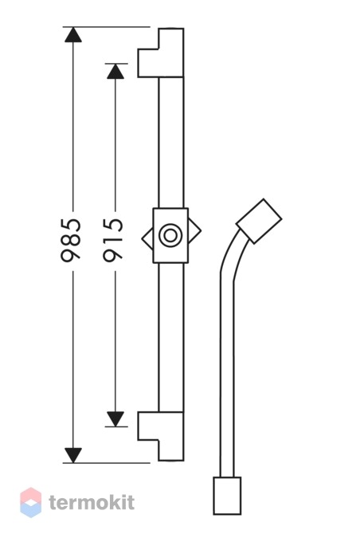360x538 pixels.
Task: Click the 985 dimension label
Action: click(71, 240)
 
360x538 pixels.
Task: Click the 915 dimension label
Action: click(113, 240)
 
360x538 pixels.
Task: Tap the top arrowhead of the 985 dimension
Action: click(73, 34)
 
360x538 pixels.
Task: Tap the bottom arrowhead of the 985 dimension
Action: click(73, 455)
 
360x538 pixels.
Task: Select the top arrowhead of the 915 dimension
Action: click(115, 72)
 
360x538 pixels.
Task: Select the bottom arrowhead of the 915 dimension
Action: click(115, 419)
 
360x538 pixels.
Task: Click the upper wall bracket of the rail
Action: click(161, 53)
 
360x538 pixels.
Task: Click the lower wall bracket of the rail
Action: click(161, 436)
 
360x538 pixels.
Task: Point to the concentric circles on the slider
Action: click(170, 235)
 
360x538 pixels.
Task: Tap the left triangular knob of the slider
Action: click(147, 238)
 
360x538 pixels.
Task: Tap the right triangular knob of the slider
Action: click(194, 231)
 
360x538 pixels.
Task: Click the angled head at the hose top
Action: click(259, 222)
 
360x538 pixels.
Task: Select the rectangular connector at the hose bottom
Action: click(227, 496)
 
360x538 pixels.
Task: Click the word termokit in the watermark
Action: click(92, 502)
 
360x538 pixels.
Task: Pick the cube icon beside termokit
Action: click(31, 502)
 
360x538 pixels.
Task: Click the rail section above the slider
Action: click(171, 143)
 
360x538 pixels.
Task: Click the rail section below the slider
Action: click(171, 338)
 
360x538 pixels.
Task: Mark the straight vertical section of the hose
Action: click(227, 378)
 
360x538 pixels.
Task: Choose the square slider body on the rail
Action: click(170, 236)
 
